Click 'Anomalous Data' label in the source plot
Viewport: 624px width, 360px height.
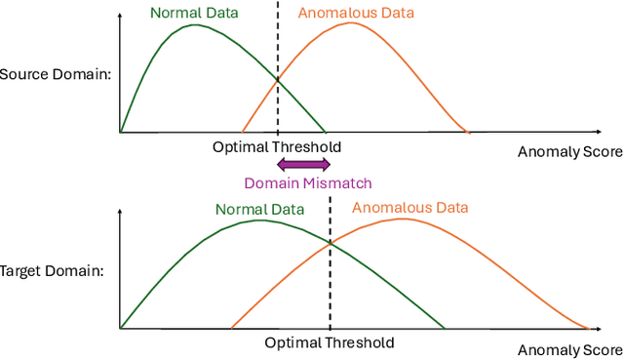point(355,13)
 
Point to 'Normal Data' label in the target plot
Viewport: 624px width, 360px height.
point(259,209)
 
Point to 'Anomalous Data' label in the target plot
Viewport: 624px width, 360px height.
point(409,207)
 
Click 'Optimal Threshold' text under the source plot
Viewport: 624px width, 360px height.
point(277,147)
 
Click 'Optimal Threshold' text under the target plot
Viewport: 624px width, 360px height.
point(330,342)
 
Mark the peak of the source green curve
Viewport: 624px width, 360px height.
point(195,24)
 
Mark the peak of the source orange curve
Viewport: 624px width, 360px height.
point(349,22)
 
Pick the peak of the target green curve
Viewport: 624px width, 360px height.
point(259,220)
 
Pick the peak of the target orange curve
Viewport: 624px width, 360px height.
point(401,219)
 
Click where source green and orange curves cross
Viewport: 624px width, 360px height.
point(278,80)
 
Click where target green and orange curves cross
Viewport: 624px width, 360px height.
point(330,243)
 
